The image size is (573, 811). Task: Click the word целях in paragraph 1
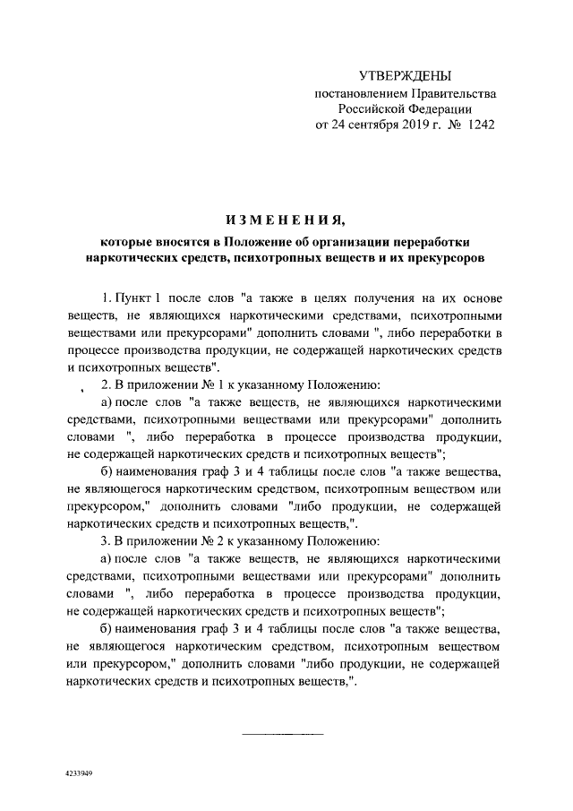click(x=344, y=298)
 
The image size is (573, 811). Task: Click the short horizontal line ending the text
click(x=283, y=735)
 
